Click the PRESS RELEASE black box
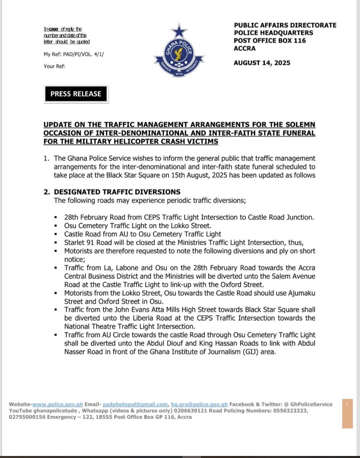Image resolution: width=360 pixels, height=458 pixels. pos(76,94)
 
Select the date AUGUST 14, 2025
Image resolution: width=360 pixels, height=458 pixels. pos(262,63)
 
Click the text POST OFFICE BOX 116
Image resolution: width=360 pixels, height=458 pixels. pos(270,41)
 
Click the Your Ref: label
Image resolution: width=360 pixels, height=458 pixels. pos(55,66)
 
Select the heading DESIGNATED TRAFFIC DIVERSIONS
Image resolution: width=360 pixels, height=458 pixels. pos(117,192)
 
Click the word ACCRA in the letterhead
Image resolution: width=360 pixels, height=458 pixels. pos(246,49)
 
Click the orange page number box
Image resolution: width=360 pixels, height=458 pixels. pos(347,413)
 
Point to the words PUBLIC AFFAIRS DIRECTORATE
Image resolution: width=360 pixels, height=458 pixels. pos(285,25)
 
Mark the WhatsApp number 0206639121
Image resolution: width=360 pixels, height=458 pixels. pos(165,410)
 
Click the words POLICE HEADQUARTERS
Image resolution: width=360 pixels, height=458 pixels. pos(273,33)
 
